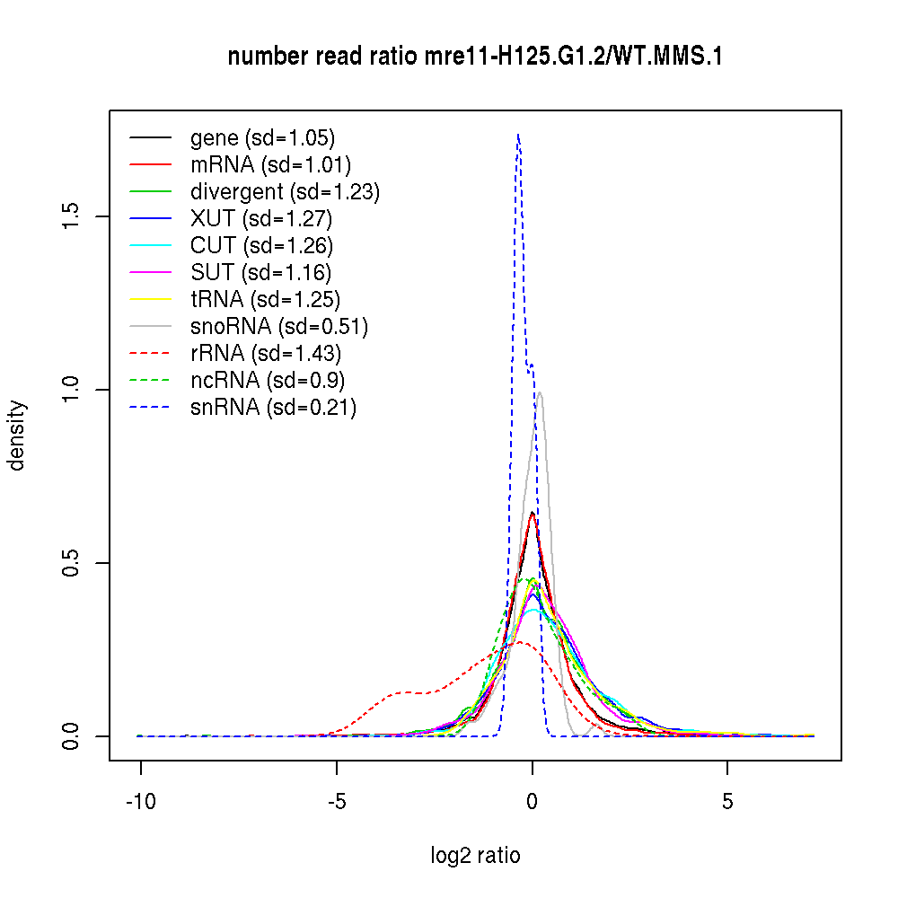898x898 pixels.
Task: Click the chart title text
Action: point(475,57)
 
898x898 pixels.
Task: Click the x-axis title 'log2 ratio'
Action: point(475,855)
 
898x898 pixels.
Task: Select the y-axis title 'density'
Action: point(17,435)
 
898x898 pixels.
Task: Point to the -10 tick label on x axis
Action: point(140,800)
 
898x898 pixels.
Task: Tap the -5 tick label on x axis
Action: point(336,800)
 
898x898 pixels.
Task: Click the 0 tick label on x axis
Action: point(533,800)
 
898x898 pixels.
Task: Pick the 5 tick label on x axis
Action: point(727,800)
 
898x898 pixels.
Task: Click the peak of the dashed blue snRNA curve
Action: point(518,136)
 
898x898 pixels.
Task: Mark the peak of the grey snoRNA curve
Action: point(540,392)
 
